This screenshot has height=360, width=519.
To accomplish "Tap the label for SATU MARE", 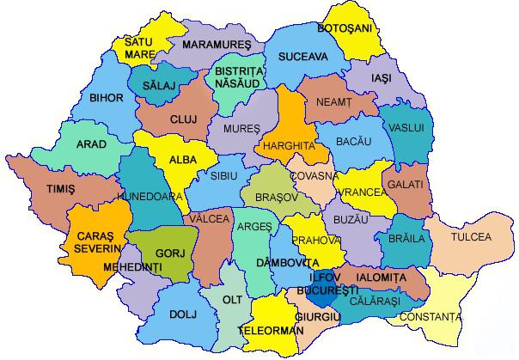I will [139, 48].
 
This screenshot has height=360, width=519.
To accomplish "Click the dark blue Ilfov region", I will [320, 297].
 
